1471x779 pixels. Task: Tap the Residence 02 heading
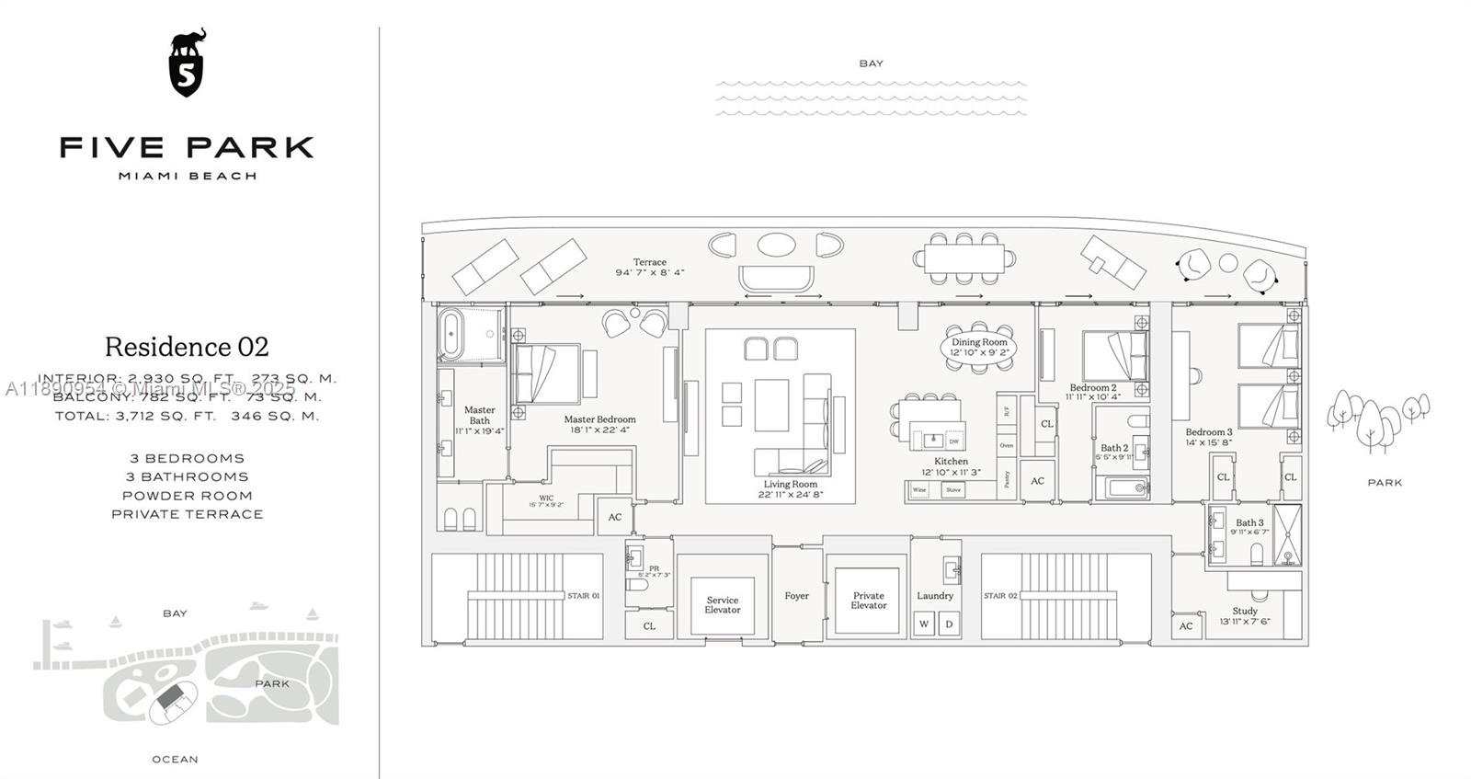[187, 347]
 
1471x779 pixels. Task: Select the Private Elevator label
[868, 600]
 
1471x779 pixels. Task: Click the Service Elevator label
[723, 604]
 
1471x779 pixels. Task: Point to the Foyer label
[796, 596]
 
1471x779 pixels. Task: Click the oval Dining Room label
[979, 347]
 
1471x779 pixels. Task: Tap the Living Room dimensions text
[790, 495]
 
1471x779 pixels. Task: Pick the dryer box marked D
[949, 624]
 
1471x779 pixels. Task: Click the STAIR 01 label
[583, 596]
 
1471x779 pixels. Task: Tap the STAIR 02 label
[1000, 596]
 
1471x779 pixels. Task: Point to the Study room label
[1245, 611]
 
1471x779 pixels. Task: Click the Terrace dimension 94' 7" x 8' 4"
[649, 272]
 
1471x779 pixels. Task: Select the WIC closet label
[546, 498]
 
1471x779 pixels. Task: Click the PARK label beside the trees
[1385, 483]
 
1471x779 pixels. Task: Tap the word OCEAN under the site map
[175, 759]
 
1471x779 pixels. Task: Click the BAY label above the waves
[871, 63]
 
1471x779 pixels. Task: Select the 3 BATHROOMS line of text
[187, 476]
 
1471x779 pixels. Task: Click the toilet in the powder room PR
[636, 585]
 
